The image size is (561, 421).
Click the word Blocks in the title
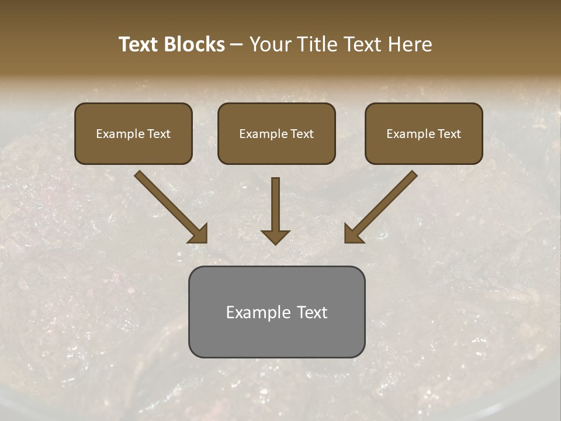point(195,44)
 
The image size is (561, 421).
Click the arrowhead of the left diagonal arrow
point(199,234)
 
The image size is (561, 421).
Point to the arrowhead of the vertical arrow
point(275,237)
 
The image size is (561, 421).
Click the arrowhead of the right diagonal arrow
point(354,234)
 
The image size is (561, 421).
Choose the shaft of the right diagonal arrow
point(389,199)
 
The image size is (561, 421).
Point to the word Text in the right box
point(449,134)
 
